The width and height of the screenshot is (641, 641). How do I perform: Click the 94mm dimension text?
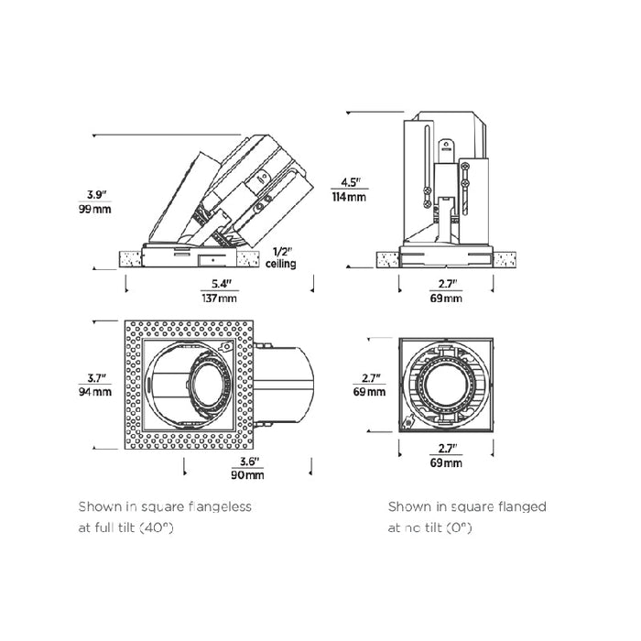tap(97, 392)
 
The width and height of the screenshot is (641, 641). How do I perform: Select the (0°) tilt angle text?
tap(460, 528)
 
